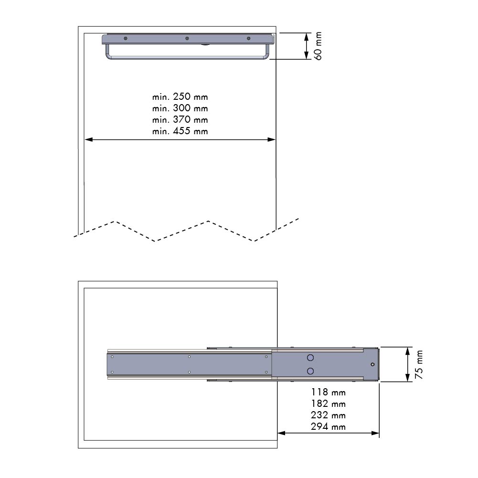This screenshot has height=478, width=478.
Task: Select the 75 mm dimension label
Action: [x=419, y=364]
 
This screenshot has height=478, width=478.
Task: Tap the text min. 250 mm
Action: [x=180, y=97]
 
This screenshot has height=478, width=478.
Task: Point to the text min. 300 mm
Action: [x=180, y=108]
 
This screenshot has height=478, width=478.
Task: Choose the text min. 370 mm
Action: [x=180, y=120]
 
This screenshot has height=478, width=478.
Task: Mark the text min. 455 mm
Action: [x=180, y=131]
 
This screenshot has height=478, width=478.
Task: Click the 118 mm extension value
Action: [x=328, y=393]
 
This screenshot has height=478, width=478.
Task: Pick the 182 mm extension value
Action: [x=328, y=404]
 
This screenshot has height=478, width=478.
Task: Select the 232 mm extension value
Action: [x=328, y=415]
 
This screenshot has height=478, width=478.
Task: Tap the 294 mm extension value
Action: [x=328, y=427]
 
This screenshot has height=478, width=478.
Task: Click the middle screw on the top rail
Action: [x=187, y=38]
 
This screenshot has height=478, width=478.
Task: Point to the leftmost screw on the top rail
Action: [x=125, y=38]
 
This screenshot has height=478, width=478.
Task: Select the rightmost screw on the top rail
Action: [x=248, y=38]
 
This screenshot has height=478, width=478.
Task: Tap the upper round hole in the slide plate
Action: [x=310, y=357]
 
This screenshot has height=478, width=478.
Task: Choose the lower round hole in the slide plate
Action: [x=310, y=371]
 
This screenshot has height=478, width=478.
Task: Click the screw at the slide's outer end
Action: [x=372, y=364]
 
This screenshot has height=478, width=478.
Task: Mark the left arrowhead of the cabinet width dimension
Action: [x=88, y=140]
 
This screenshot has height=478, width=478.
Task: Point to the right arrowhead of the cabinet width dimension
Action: [x=272, y=140]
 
